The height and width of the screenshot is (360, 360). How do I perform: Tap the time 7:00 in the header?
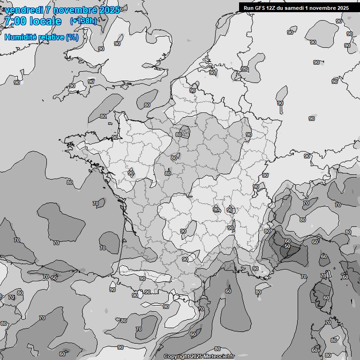15,21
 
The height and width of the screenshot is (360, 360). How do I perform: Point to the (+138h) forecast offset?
83,21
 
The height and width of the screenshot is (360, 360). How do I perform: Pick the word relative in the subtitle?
52,37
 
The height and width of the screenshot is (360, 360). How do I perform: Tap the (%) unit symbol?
72,37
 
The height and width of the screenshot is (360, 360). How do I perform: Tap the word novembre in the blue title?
74,10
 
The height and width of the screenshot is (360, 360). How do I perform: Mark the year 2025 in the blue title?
109,10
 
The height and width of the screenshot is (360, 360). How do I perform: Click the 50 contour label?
287,247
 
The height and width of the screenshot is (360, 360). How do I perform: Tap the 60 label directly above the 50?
287,241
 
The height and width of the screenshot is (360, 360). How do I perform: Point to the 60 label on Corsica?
326,298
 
